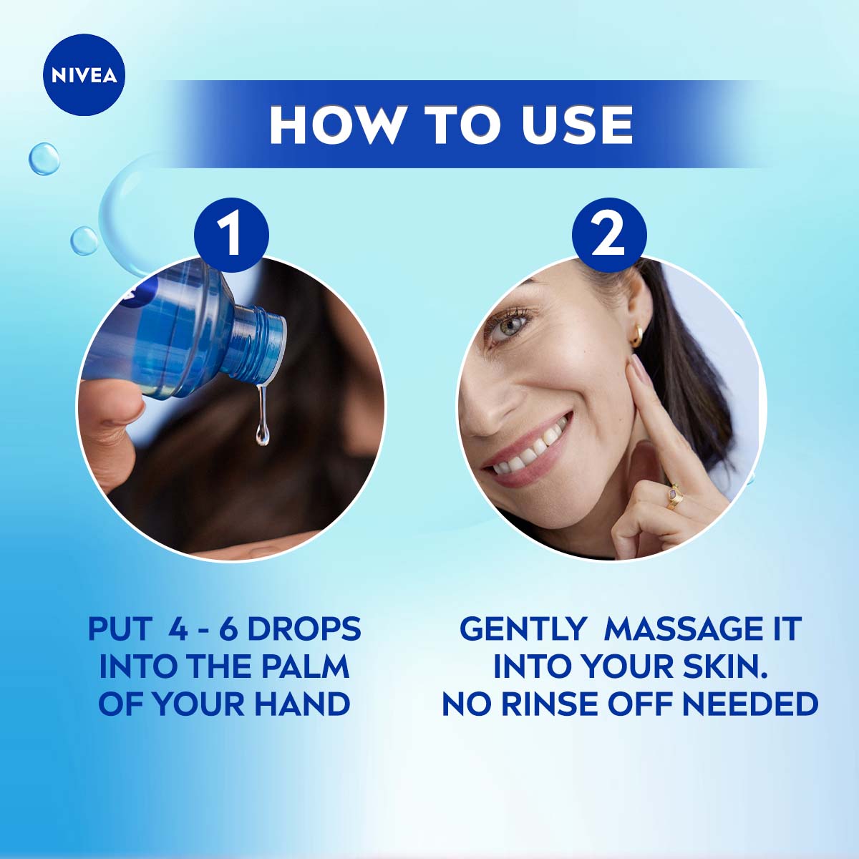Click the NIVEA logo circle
point(84,75)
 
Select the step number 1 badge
point(231,235)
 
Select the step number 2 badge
point(609,235)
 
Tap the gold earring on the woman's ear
point(636,335)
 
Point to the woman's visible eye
point(508,326)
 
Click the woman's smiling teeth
point(530,448)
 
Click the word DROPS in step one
point(304,629)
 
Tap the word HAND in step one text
point(302,704)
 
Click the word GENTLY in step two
point(522,629)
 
